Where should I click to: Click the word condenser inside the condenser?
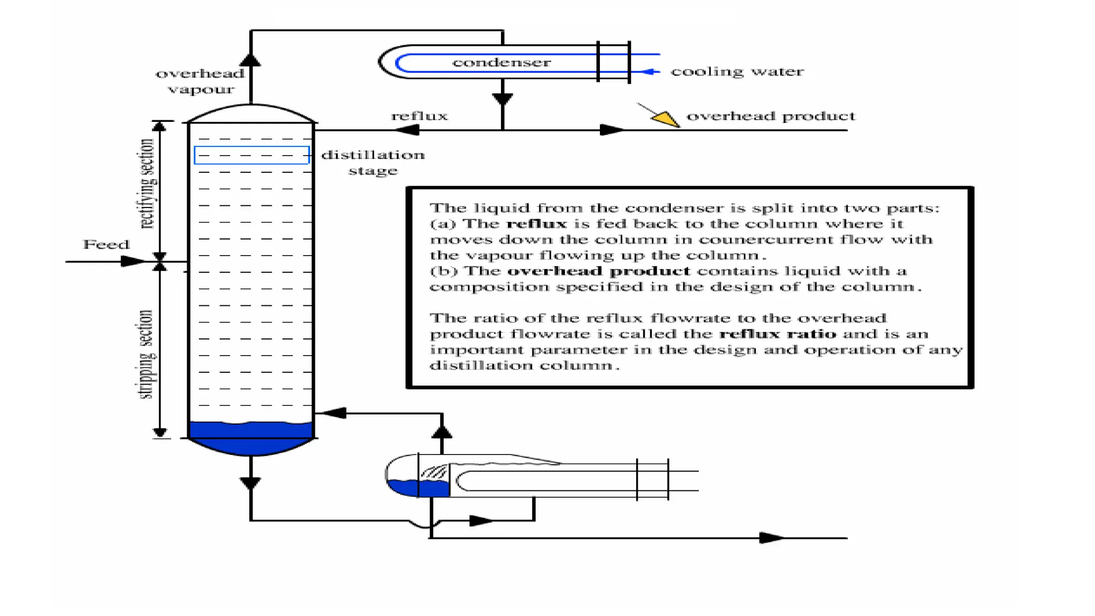[501, 63]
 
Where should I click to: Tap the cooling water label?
[737, 72]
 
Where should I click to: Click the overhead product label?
[770, 116]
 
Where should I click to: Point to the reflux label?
[419, 116]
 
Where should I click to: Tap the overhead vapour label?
[201, 81]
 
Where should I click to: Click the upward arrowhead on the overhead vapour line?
[250, 60]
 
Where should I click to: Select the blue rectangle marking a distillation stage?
[251, 155]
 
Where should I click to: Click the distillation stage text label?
[373, 163]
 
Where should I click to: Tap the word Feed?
[106, 244]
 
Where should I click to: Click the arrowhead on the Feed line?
[133, 261]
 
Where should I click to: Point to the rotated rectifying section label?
[147, 183]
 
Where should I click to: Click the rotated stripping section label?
[145, 354]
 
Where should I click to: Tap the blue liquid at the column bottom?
[251, 437]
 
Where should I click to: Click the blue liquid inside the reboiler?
[417, 488]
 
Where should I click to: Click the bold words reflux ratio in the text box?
[777, 334]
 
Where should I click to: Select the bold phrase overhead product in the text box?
[598, 271]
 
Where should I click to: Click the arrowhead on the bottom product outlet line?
[772, 538]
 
